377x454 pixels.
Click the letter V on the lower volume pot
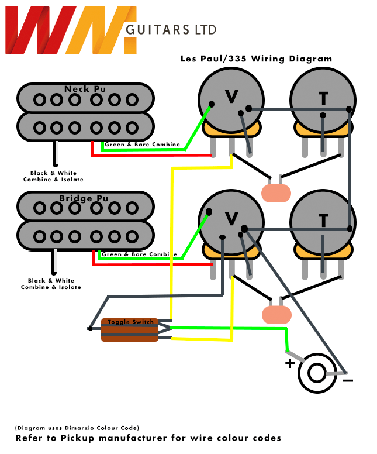231,219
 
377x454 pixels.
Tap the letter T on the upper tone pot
323,99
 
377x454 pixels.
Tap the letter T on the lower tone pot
323,220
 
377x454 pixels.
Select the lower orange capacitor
276,314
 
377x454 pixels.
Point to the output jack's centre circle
317,372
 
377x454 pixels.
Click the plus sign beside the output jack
289,363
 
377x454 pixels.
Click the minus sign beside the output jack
348,380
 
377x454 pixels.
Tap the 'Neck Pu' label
85,89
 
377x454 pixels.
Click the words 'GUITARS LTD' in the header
171,30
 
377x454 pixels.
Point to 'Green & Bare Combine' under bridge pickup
139,254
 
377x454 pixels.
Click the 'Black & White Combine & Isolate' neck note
53,176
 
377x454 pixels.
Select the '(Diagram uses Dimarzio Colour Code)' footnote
77,428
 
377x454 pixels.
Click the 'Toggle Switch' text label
130,322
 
